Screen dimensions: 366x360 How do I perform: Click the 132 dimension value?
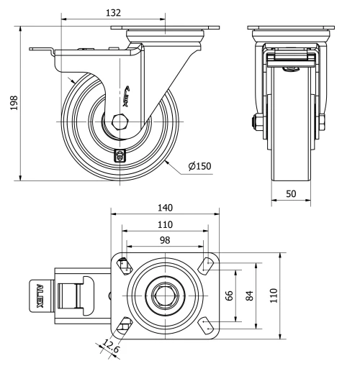113,12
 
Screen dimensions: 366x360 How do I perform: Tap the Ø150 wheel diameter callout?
199,167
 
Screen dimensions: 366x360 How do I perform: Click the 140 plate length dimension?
165,207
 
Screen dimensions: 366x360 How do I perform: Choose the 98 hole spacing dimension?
165,240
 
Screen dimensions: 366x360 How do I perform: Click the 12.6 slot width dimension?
111,348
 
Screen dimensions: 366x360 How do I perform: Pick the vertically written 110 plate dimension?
274,296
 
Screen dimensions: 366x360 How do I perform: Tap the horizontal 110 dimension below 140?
165,224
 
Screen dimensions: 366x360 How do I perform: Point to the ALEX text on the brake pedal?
41,295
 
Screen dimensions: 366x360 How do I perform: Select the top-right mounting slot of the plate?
207,265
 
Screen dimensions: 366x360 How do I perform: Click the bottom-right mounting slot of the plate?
207,324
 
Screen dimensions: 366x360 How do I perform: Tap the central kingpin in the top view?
165,295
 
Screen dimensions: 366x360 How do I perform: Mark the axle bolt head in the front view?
256,124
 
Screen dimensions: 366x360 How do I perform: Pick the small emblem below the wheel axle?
120,153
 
